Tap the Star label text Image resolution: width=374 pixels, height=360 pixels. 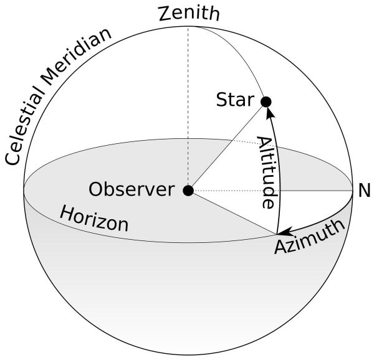pos(235,100)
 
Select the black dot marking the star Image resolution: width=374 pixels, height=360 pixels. pos(266,102)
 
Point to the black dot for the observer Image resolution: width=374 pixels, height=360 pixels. pos(188,190)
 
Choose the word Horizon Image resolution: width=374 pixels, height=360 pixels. pos(93,219)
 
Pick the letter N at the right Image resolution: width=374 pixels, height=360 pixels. pos(363,191)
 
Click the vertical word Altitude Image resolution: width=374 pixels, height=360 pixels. pos(266,172)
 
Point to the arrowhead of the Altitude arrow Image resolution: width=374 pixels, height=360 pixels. pos(269,112)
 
